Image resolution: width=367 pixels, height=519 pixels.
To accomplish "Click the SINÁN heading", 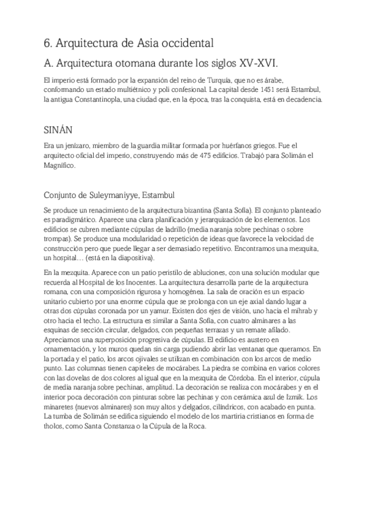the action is [59, 130].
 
